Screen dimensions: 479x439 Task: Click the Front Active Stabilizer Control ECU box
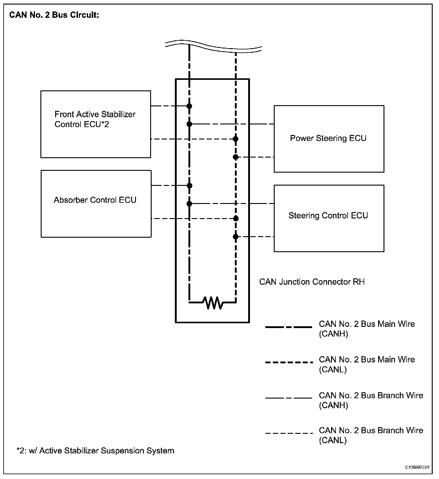(x=96, y=124)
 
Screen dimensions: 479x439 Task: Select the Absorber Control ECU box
(x=96, y=204)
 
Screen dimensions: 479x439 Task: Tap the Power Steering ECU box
(x=329, y=139)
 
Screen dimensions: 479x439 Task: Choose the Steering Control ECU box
(x=329, y=218)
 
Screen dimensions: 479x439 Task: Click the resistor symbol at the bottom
(x=213, y=302)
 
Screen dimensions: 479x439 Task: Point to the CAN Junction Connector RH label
(x=312, y=282)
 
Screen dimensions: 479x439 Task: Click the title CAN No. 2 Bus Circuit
(x=54, y=15)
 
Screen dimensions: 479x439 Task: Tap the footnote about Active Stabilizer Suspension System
(x=95, y=451)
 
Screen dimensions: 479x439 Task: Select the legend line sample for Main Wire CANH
(x=289, y=327)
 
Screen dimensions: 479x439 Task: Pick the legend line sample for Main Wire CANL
(x=289, y=362)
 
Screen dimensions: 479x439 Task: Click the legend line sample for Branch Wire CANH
(x=289, y=398)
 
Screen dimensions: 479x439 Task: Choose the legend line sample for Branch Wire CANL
(x=289, y=433)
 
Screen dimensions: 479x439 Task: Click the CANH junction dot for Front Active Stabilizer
(x=189, y=106)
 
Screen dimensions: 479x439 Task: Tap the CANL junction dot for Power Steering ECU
(x=235, y=157)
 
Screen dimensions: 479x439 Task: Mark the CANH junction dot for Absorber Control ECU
(x=189, y=186)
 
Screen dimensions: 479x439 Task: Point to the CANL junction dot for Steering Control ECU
(x=235, y=237)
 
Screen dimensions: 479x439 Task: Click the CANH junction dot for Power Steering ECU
(x=189, y=124)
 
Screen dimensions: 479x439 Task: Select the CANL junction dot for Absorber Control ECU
(x=236, y=218)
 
